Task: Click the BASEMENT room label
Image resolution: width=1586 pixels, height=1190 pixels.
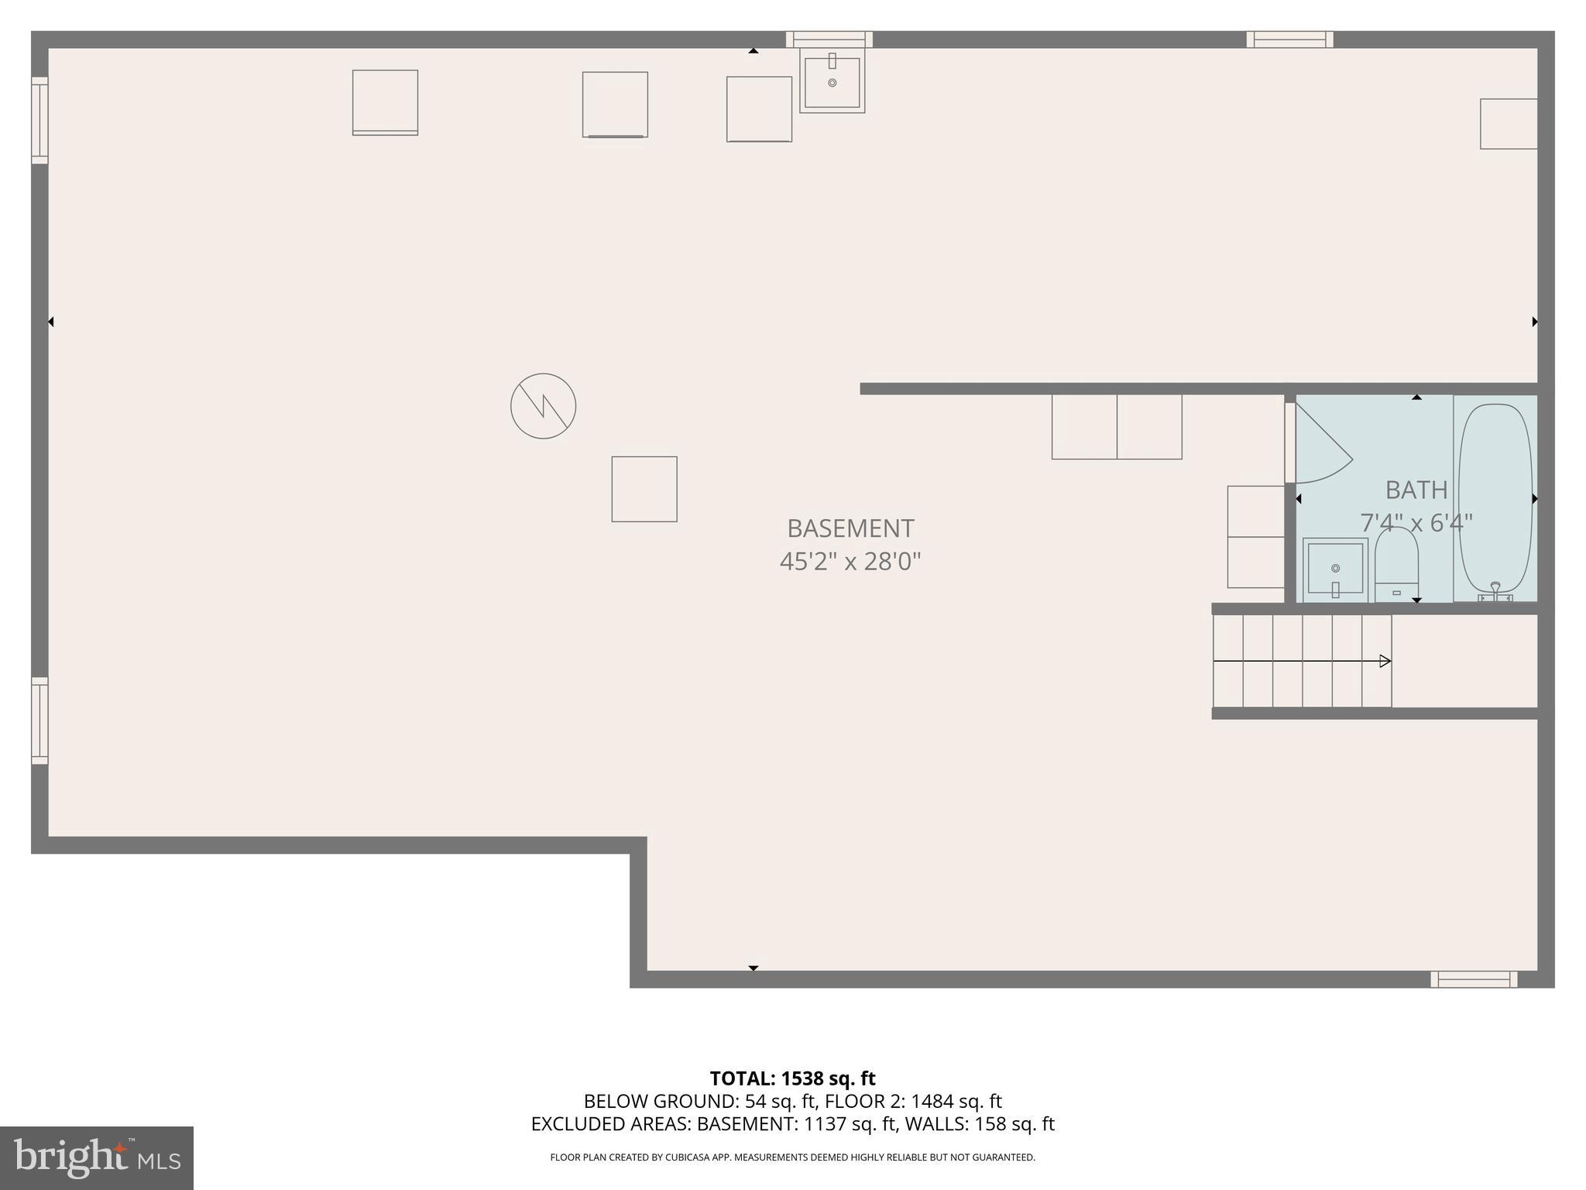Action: click(850, 528)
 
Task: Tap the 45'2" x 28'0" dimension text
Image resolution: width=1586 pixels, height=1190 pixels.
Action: click(850, 561)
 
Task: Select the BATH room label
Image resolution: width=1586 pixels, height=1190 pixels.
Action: click(1416, 490)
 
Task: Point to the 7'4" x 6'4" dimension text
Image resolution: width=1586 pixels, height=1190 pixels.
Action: click(1416, 523)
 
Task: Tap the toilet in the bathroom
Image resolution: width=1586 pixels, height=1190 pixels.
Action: click(1396, 564)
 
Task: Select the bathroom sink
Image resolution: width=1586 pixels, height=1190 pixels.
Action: click(1335, 569)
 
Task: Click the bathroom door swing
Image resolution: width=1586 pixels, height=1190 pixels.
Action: click(1320, 445)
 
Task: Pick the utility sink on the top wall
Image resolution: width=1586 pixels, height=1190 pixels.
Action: click(832, 81)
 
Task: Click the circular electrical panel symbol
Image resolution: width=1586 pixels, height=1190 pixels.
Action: click(543, 406)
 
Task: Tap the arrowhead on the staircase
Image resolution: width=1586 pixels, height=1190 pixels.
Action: click(1385, 661)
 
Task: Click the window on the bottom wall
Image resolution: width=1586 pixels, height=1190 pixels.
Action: click(1474, 979)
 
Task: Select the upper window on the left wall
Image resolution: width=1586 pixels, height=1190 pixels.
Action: click(39, 120)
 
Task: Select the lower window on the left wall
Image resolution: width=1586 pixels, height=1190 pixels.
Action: click(39, 721)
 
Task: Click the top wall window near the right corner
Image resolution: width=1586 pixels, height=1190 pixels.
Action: click(1289, 39)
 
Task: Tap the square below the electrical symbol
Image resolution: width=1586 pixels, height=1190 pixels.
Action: click(644, 489)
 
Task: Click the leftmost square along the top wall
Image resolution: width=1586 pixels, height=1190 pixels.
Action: click(385, 102)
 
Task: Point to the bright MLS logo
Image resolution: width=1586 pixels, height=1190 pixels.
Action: click(96, 1157)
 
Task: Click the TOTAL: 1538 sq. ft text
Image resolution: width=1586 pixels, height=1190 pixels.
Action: click(792, 1078)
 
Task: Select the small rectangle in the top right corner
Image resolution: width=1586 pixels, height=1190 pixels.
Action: click(1509, 124)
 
